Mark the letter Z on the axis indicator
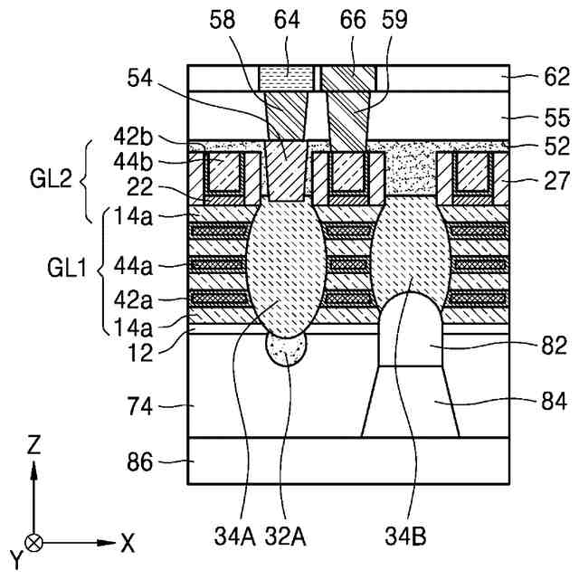click(x=33, y=444)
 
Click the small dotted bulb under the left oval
click(x=287, y=349)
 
